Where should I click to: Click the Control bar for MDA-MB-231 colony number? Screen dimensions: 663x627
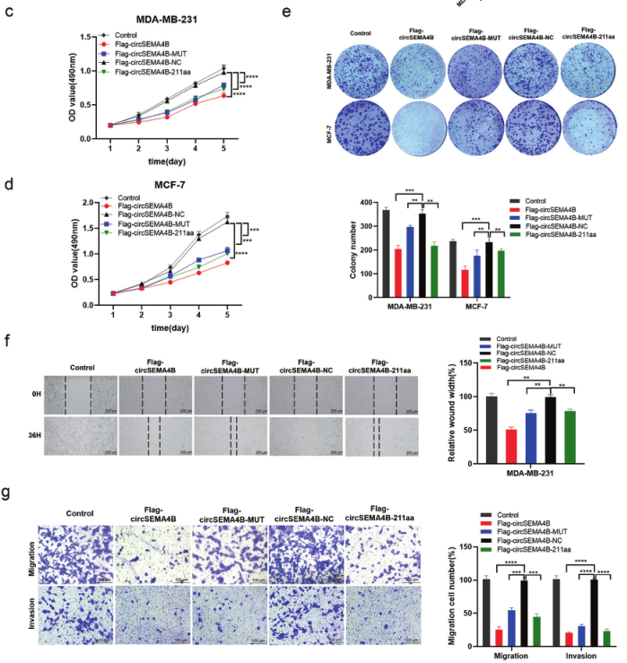pyautogui.click(x=386, y=251)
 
